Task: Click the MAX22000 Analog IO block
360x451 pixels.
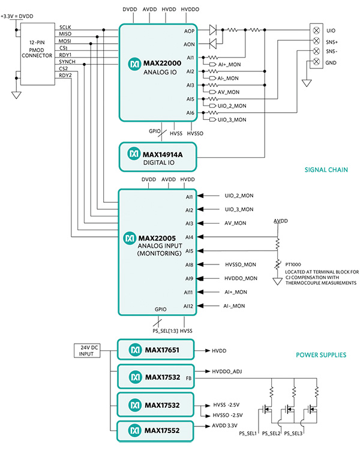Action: coord(158,73)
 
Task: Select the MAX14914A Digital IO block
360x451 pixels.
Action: coord(158,157)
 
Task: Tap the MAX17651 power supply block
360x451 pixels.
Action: coord(155,350)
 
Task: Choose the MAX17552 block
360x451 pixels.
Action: coord(155,431)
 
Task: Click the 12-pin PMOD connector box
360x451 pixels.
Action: coord(38,54)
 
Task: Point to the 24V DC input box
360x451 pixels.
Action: coord(87,351)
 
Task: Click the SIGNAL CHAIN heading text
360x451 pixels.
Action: coord(326,170)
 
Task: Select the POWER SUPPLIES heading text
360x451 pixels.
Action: coord(321,355)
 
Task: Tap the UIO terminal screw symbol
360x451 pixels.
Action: coord(316,30)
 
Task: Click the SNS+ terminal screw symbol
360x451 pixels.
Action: coord(316,41)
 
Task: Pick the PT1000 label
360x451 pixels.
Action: coord(293,264)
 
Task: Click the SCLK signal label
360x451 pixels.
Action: coord(65,27)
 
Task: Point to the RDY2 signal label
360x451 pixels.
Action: coord(65,76)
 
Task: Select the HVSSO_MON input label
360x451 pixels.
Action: coord(241,264)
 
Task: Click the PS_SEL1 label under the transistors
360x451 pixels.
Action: coord(248,434)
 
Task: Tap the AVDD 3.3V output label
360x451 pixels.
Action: coord(225,426)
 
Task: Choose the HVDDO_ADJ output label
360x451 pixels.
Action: coord(227,372)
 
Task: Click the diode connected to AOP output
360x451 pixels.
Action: coord(212,29)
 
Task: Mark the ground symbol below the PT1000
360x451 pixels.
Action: coord(277,281)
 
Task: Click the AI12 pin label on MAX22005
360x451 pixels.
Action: coord(188,306)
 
